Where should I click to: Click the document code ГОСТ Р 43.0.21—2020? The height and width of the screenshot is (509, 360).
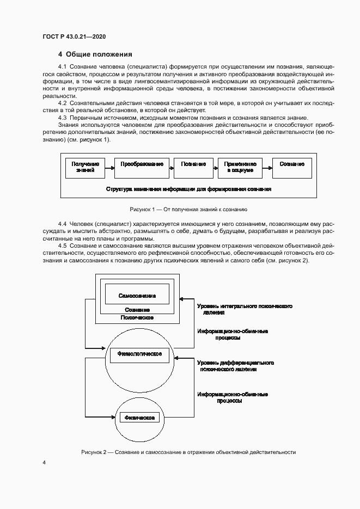(x=74, y=36)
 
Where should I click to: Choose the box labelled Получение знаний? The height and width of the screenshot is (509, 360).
(x=85, y=167)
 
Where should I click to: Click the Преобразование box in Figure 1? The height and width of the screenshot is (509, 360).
(x=142, y=167)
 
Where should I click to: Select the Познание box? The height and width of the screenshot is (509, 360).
(x=193, y=167)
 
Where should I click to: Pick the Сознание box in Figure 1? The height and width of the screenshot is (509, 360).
(x=292, y=167)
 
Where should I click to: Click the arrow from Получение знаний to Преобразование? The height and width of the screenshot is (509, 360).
(x=109, y=167)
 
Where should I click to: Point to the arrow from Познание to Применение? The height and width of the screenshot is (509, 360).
(x=215, y=167)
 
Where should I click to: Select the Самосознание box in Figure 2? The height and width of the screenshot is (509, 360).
(x=137, y=296)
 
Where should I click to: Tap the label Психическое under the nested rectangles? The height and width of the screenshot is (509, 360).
(x=137, y=317)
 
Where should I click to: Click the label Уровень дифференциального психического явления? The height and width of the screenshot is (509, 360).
(x=235, y=365)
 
